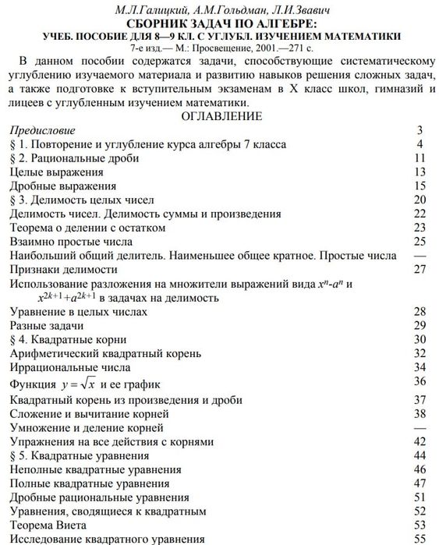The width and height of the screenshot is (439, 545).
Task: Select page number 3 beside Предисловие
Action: point(420,130)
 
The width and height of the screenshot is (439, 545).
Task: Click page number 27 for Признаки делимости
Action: point(420,270)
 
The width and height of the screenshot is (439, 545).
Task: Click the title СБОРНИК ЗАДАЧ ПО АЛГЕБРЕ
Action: point(221,23)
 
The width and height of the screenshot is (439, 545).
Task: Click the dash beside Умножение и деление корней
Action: point(420,427)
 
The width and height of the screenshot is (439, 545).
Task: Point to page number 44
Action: point(420,455)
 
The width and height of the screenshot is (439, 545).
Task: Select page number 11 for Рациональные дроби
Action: point(420,158)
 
